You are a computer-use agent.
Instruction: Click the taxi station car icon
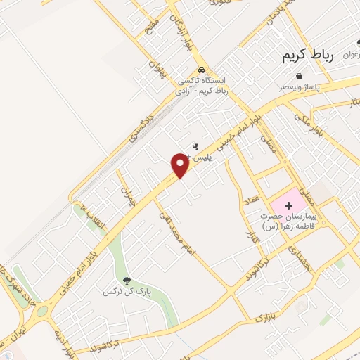202,70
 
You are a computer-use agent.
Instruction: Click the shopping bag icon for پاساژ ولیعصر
300,76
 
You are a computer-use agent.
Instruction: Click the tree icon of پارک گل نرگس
127,281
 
